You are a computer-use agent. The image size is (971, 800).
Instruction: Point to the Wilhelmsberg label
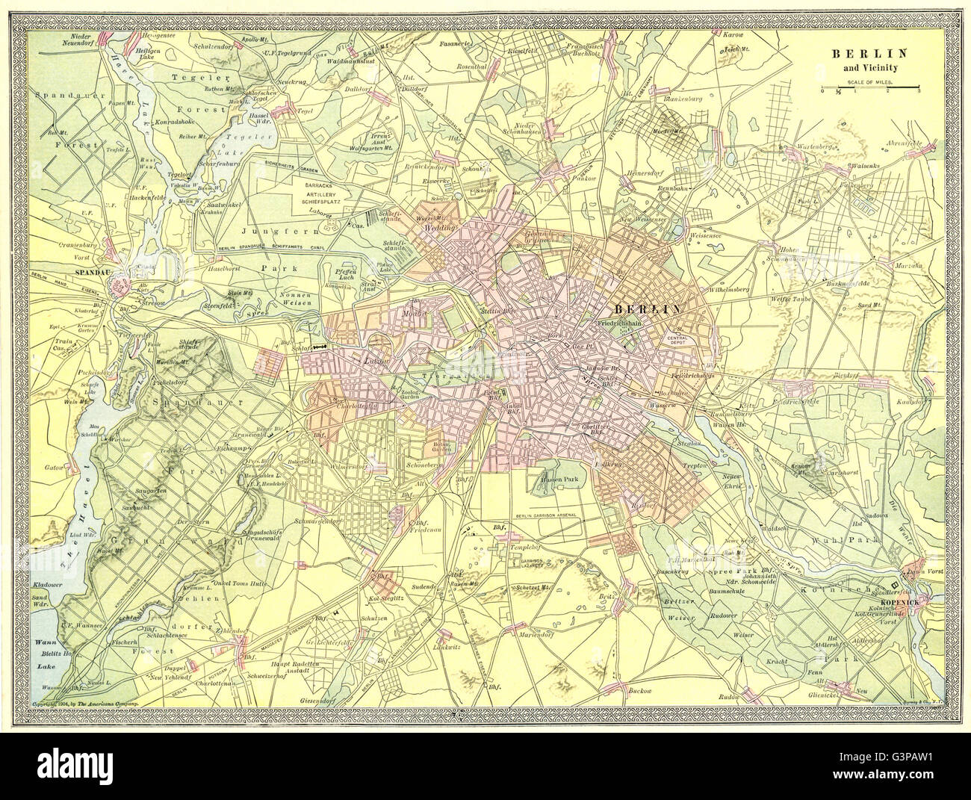coord(734,286)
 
